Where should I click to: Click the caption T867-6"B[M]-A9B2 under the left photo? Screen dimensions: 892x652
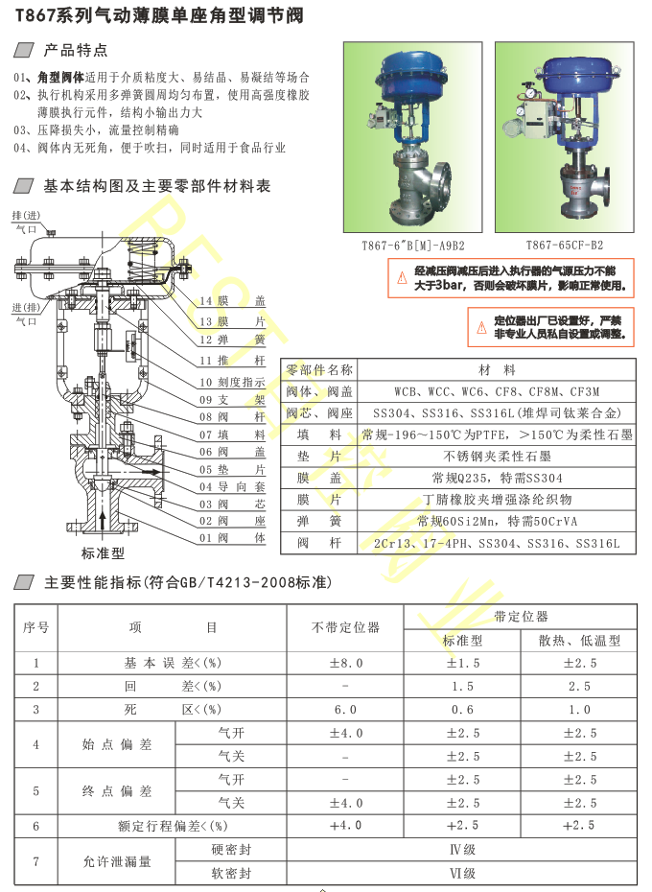click(x=412, y=246)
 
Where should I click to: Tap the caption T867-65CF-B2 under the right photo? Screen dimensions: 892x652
click(x=565, y=246)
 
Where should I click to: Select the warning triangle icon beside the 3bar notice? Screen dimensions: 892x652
click(x=402, y=278)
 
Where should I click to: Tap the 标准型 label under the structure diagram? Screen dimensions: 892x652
click(x=103, y=553)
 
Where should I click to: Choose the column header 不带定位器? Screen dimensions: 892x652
click(x=345, y=627)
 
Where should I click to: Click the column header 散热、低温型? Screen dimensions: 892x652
click(x=579, y=641)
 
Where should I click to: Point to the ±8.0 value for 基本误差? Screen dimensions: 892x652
click(x=345, y=663)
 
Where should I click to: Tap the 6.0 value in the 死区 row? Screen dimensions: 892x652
click(x=345, y=710)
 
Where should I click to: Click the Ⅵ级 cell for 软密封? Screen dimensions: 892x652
click(x=462, y=873)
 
